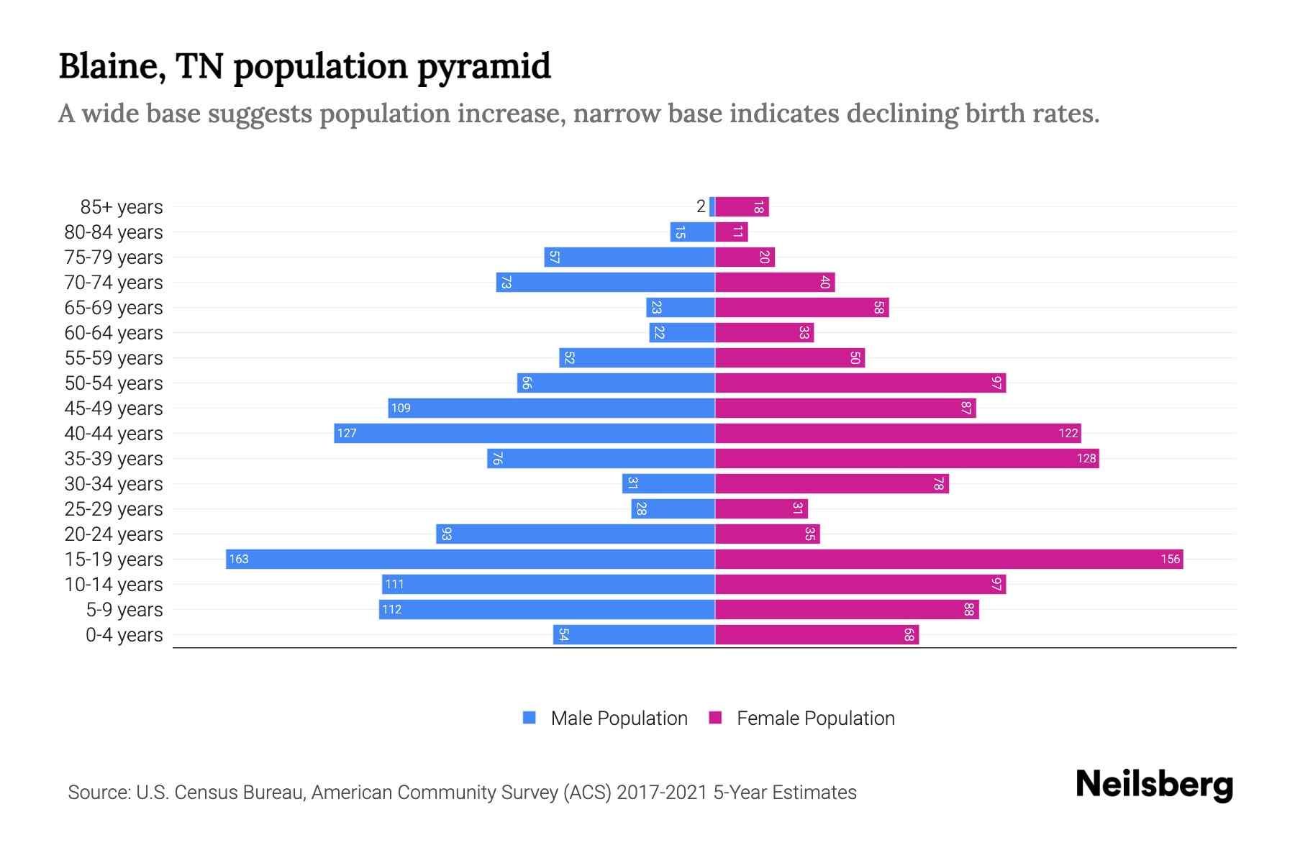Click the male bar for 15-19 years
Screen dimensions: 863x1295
[x=470, y=559]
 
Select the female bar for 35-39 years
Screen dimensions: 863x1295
[x=906, y=458]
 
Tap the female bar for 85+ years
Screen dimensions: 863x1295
[x=742, y=206]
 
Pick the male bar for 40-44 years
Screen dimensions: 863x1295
[x=524, y=433]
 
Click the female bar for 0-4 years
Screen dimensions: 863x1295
[x=817, y=634]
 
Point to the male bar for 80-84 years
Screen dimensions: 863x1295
[x=692, y=232]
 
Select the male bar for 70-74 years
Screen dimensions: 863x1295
[x=605, y=282]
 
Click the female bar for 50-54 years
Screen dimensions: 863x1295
[x=860, y=383]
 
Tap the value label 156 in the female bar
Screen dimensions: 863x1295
[x=1170, y=559]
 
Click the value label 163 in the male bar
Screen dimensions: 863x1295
[x=239, y=559]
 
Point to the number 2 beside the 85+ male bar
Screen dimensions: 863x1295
[x=701, y=206]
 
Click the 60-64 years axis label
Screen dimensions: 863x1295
[x=114, y=333]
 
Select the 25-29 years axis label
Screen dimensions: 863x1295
[x=114, y=509]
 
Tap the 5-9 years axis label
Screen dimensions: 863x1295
[x=124, y=610]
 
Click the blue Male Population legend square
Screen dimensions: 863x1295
[x=530, y=718]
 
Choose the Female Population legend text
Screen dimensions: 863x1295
[x=815, y=718]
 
